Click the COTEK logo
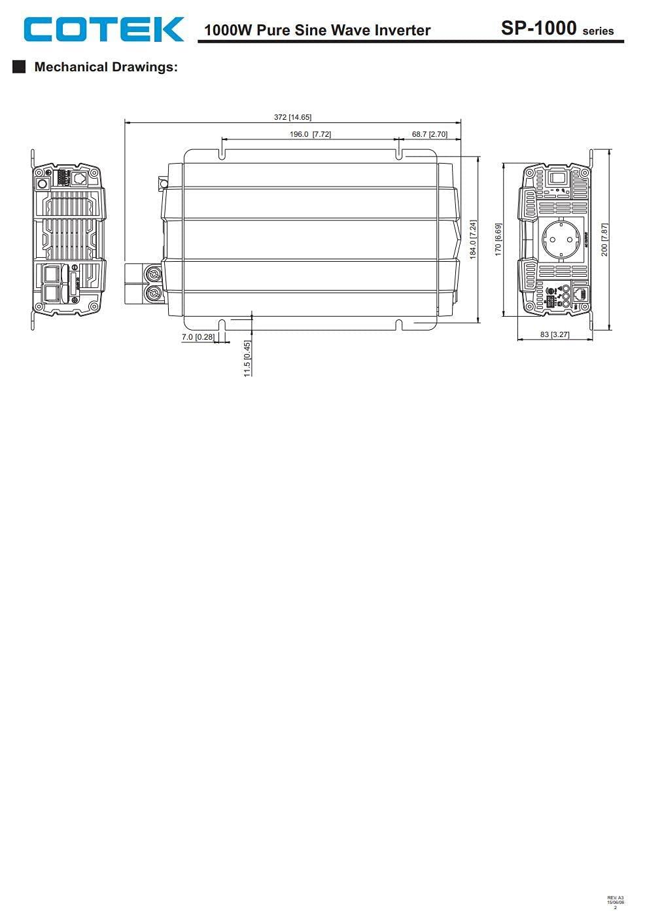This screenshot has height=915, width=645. coord(104,29)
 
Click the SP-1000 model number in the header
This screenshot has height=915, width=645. coord(538,28)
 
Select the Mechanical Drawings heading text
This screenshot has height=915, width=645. coord(106,67)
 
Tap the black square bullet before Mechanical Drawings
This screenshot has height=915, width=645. coord(19,67)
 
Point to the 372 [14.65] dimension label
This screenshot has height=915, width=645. coord(292,117)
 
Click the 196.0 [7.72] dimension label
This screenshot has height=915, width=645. coord(310,134)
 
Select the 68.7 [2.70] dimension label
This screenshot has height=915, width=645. coord(429,134)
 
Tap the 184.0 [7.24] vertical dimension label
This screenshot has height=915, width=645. coord(473,239)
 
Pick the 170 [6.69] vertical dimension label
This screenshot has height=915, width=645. coord(498,240)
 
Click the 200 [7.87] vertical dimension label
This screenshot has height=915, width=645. coord(604,240)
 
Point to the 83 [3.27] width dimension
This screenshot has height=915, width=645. coord(555,334)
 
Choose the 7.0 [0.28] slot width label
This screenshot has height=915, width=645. coord(198,337)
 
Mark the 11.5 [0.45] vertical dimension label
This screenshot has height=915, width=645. coord(247,358)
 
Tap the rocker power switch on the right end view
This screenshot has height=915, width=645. coord(557,177)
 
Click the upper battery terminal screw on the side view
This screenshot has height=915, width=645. coord(154,274)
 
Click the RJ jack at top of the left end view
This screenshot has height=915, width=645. coord(80,178)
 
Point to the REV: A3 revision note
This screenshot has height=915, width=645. coord(616,897)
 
